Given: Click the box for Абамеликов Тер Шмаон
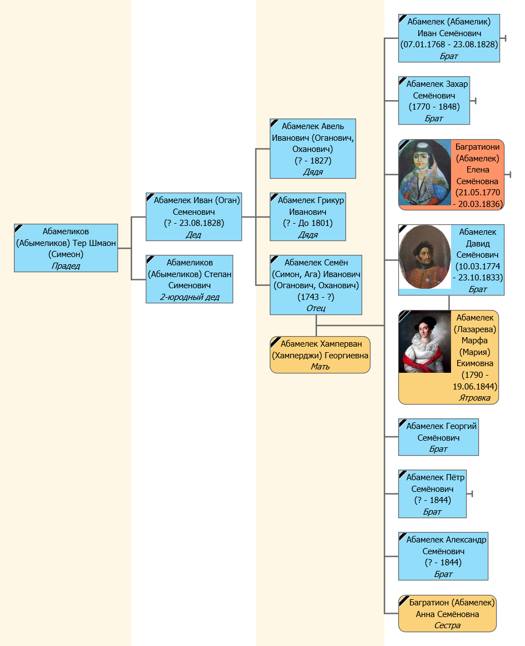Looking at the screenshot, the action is pos(66,248).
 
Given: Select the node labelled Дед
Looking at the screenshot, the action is pos(194,216).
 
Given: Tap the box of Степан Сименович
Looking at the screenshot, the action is pos(190,279).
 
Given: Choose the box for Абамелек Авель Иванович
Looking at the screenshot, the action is pos(313,149).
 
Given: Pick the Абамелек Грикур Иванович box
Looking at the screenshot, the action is pos(308,216).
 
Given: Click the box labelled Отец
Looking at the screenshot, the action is pos(316,285).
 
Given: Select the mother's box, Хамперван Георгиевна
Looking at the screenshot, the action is pos(320,355).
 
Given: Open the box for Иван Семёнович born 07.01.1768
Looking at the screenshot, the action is pos(449,38).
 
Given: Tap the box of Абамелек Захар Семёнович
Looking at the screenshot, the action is pos(434,101).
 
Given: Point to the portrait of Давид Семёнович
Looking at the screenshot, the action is pos(425,257).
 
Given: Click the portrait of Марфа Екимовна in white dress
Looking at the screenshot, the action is pos(425,342).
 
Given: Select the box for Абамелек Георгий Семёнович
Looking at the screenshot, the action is pos(439,437).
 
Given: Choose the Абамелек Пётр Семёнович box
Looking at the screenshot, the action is pos(432,494).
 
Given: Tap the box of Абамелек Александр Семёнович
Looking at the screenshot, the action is pos(443,556).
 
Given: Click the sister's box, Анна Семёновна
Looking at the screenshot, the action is pos(447,614).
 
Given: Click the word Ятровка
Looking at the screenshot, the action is pos(475,398).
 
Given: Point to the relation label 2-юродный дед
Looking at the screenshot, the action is pos(190,297).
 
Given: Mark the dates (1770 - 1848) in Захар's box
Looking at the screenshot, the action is pos(434,107).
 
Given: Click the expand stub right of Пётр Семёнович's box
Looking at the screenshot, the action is pos(470,494).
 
